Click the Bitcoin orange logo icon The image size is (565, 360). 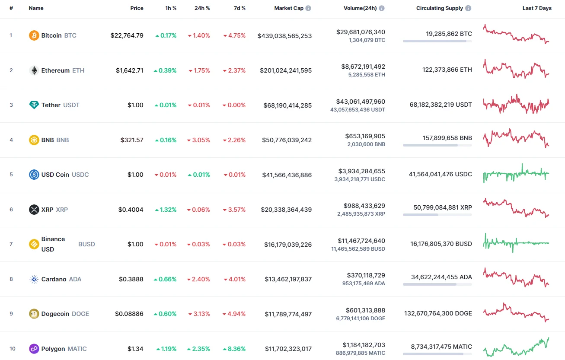coord(34,35)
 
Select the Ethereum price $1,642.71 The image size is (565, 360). coord(129,70)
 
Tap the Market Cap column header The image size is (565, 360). coord(289,8)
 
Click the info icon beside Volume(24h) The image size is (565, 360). coord(382,8)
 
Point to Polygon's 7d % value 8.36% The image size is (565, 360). coord(234,349)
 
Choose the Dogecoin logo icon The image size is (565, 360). coord(34,314)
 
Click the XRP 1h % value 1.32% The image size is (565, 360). coord(166,210)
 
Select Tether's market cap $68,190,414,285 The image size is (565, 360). coord(287,105)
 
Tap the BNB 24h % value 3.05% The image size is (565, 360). coord(199,140)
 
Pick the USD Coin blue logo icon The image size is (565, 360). coord(34,175)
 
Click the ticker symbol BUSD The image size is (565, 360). coord(86,244)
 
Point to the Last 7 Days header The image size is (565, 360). coord(537,8)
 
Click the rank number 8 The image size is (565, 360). coord(11,279)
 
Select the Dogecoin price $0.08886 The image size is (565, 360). coord(129,314)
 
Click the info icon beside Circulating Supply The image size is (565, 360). coord(468,8)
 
